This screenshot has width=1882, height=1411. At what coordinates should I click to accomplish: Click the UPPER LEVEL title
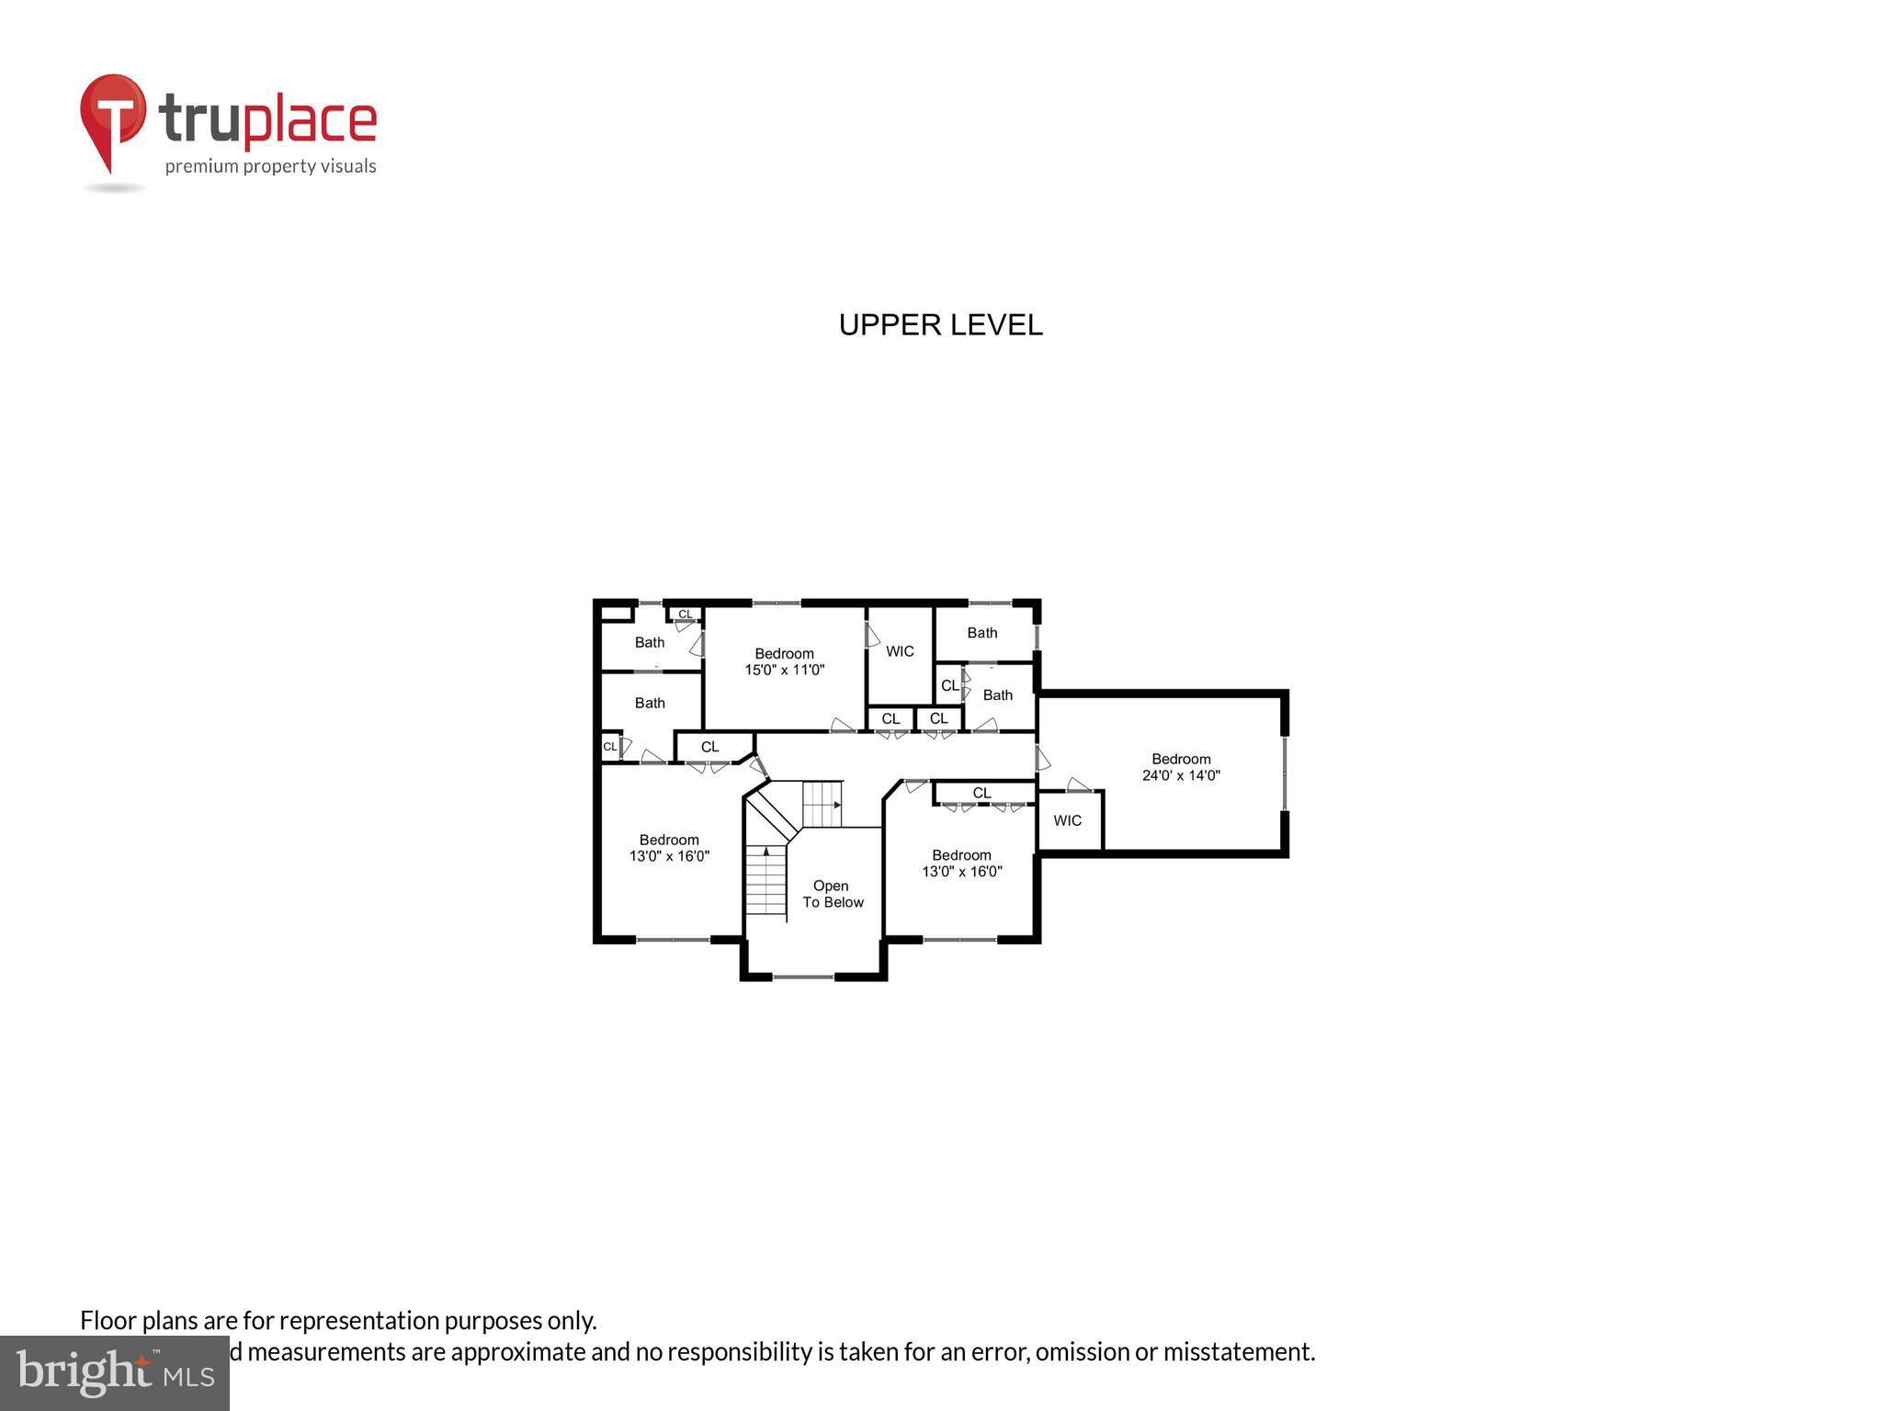(940, 325)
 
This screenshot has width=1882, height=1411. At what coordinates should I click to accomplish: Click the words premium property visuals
(270, 166)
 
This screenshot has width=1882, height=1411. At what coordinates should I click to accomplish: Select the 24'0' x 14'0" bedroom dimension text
(1181, 775)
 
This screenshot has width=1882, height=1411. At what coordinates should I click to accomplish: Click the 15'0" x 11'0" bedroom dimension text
(784, 670)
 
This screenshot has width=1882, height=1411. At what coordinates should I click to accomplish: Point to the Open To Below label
(833, 894)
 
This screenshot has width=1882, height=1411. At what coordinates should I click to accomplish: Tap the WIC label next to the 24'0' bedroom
(1067, 820)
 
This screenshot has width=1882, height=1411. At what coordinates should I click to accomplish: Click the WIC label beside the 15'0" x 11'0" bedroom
(900, 651)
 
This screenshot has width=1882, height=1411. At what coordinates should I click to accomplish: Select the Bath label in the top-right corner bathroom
(981, 633)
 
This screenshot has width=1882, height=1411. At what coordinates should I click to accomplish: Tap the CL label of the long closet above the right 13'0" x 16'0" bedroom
(981, 793)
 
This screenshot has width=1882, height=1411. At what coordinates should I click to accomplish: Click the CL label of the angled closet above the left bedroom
(709, 747)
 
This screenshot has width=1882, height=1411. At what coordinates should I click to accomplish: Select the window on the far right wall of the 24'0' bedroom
(1285, 772)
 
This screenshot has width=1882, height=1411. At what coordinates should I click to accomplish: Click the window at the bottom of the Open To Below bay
(803, 976)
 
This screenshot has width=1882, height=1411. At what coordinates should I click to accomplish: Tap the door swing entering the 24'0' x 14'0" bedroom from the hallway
(1043, 759)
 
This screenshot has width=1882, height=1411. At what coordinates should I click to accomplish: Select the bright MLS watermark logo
(114, 1373)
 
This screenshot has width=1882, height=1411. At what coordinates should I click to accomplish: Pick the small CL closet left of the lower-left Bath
(609, 747)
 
